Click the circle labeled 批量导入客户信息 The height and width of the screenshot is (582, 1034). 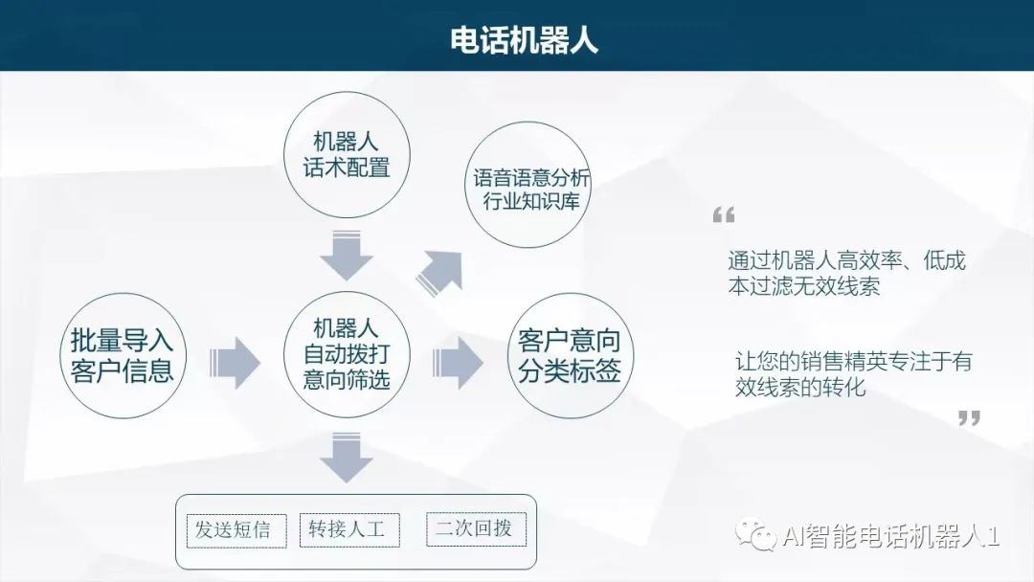[122, 355]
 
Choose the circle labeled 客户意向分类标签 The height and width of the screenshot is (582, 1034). [569, 355]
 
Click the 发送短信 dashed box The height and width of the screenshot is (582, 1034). [233, 529]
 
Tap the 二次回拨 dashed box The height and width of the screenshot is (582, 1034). [475, 528]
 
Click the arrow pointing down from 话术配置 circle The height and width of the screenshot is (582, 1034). [346, 255]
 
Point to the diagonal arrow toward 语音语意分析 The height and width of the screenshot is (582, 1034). [440, 271]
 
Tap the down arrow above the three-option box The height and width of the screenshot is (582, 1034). [346, 458]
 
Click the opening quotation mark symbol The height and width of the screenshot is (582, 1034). [724, 214]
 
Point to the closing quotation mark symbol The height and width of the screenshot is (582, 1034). [969, 417]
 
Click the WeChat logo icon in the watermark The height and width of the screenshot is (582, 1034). [762, 536]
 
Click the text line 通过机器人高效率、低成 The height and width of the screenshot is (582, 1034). [846, 260]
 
